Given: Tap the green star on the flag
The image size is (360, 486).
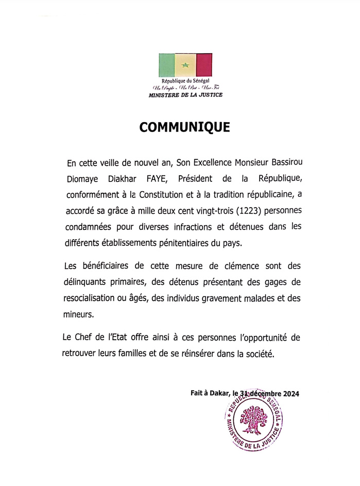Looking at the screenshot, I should coord(185,65).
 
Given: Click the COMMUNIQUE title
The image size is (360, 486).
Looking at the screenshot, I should coord(185,128).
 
